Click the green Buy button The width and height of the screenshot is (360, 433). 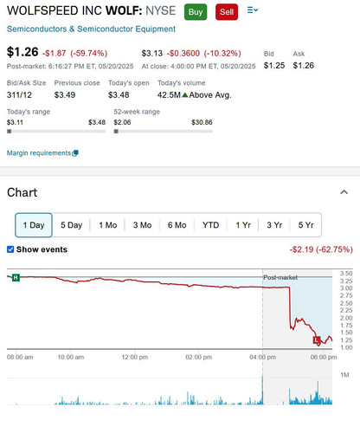[196, 12]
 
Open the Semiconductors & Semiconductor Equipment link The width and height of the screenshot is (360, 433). [91, 29]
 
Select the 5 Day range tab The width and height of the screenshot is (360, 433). [71, 225]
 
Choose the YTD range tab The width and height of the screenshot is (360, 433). [210, 225]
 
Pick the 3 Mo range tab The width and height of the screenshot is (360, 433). [142, 225]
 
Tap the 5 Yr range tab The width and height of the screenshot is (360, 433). [305, 225]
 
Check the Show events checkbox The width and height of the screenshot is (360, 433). [10, 249]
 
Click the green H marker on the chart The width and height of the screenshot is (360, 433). [16, 278]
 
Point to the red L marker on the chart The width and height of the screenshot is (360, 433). [317, 340]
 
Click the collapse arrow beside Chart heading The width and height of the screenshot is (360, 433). [344, 192]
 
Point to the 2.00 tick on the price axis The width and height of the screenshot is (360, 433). [346, 318]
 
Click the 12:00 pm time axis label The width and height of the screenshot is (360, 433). [135, 357]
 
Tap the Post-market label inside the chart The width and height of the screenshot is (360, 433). [280, 277]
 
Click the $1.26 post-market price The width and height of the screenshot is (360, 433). [22, 52]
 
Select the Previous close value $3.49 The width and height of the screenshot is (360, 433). [65, 95]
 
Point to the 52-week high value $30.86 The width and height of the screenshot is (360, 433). [202, 122]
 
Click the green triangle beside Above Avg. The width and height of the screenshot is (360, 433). [185, 95]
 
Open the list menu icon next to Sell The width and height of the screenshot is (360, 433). [253, 10]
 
